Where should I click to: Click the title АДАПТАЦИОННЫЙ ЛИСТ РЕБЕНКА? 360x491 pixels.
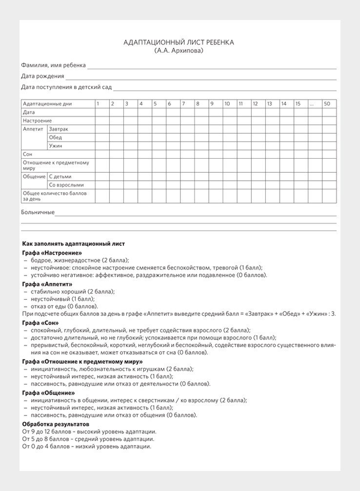pyautogui.click(x=179, y=42)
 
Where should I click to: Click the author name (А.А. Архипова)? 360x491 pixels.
pyautogui.click(x=179, y=50)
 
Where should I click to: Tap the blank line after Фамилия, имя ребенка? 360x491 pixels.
pyautogui.click(x=212, y=66)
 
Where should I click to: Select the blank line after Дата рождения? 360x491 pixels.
pyautogui.click(x=201, y=77)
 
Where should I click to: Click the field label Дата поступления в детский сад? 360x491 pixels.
pyautogui.click(x=66, y=87)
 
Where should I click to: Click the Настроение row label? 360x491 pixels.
pyautogui.click(x=37, y=121)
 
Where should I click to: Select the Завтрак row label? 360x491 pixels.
pyautogui.click(x=59, y=129)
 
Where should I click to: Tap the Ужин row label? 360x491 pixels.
pyautogui.click(x=56, y=146)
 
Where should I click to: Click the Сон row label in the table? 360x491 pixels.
pyautogui.click(x=27, y=154)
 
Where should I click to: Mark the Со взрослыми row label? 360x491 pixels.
pyautogui.click(x=66, y=185)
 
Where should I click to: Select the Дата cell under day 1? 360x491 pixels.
pyautogui.click(x=102, y=112)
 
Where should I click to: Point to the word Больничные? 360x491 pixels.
pyautogui.click(x=38, y=213)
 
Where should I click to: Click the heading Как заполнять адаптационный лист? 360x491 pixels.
pyautogui.click(x=73, y=244)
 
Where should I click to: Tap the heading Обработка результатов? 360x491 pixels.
pyautogui.click(x=56, y=424)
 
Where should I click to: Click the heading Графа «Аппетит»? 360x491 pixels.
pyautogui.click(x=47, y=284)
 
